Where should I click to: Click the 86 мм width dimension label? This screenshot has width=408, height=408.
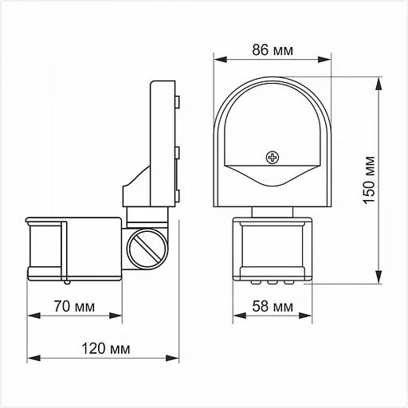point(273,50)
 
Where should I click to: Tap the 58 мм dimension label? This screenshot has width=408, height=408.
point(273,307)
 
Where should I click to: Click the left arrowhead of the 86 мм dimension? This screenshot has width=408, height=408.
point(218,60)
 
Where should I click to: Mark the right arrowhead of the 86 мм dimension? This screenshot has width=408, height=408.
point(328,60)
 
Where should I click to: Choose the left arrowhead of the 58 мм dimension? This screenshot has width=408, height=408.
point(236,316)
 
